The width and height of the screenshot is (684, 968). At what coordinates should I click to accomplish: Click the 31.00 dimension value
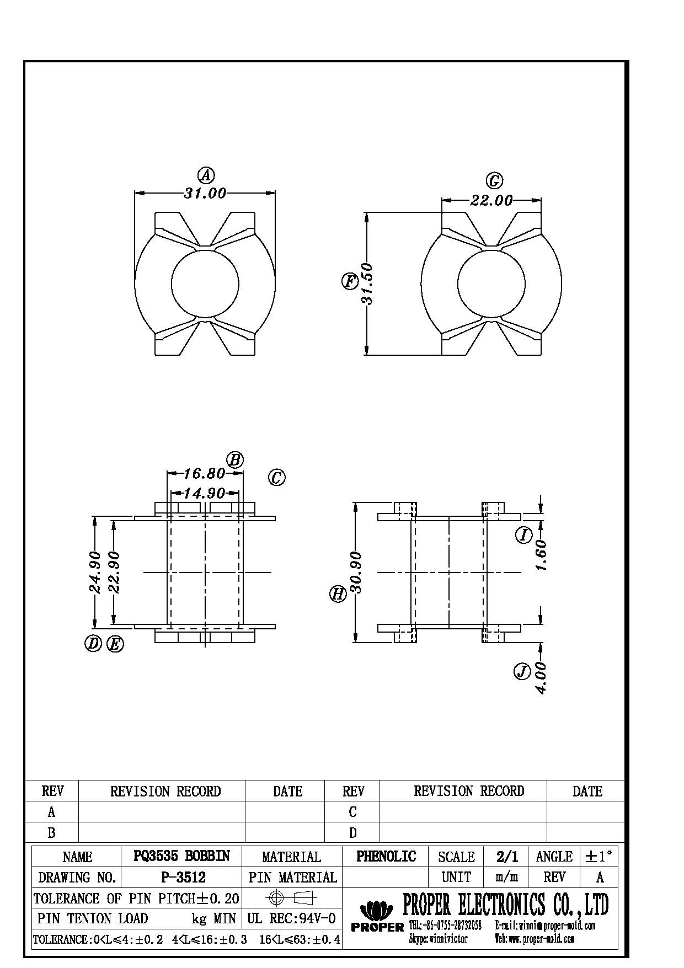tap(205, 194)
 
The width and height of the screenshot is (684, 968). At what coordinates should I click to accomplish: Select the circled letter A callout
tap(206, 175)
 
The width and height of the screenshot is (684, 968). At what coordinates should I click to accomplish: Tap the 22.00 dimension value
tap(491, 201)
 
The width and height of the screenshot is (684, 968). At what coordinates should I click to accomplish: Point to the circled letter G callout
tap(494, 180)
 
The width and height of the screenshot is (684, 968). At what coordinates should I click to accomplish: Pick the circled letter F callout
tap(350, 282)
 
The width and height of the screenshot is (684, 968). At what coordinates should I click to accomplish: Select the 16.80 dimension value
tap(204, 474)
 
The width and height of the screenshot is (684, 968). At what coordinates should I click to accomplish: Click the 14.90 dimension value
tap(205, 493)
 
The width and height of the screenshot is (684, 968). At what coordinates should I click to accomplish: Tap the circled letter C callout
tap(277, 477)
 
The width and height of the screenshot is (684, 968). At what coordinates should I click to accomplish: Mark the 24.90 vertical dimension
tap(95, 572)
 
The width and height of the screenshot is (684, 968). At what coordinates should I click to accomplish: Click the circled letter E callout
tap(115, 644)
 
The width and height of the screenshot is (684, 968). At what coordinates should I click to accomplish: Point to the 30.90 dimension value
tap(356, 572)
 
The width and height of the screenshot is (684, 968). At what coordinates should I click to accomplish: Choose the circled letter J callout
tap(522, 671)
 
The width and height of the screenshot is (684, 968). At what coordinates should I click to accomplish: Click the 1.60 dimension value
tap(542, 555)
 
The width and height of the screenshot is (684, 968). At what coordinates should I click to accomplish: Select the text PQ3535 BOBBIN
tap(181, 856)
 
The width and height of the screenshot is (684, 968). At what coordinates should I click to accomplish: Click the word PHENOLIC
tap(386, 856)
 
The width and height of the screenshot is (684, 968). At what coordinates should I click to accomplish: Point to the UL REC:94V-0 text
tap(291, 918)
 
